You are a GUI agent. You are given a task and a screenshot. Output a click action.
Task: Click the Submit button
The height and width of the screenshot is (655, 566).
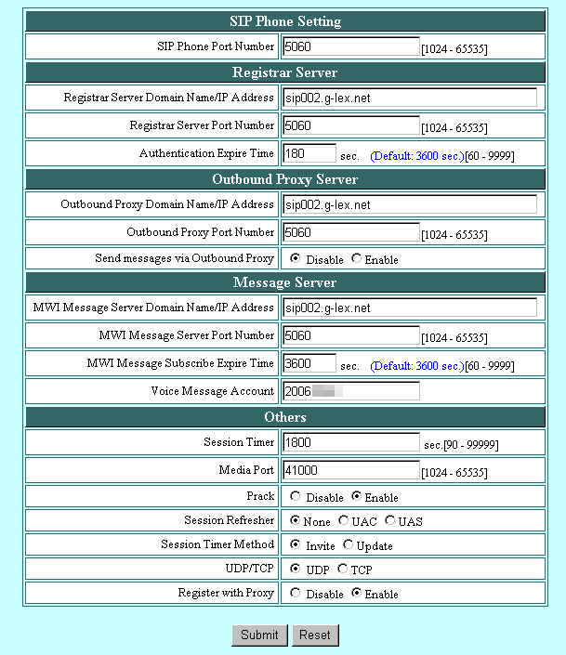point(259,635)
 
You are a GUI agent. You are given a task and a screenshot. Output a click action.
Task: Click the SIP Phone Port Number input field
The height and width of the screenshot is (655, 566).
point(351,46)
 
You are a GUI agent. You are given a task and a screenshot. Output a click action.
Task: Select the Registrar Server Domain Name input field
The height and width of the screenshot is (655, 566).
point(409,98)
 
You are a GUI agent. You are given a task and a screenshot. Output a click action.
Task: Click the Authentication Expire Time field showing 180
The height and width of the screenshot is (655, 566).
point(309,153)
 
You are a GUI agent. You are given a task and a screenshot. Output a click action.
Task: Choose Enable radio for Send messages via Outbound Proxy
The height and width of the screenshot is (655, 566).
point(357,259)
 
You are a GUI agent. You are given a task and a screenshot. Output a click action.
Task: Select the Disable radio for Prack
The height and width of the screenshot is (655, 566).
point(296,497)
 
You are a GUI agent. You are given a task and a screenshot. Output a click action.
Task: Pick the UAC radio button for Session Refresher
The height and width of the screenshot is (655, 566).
point(344,521)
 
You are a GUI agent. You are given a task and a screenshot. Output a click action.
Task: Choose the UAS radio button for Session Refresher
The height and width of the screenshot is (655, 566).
point(390,521)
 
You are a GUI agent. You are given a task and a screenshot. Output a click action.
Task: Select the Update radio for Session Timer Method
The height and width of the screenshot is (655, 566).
point(349,545)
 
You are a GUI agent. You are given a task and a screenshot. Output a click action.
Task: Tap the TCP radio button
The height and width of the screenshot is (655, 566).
point(342,570)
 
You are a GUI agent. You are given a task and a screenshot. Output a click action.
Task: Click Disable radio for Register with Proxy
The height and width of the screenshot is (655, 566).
point(296,594)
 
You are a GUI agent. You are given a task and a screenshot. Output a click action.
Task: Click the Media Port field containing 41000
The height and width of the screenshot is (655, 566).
point(351,471)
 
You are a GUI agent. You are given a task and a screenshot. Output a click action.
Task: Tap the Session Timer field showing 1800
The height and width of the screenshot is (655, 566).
point(351,443)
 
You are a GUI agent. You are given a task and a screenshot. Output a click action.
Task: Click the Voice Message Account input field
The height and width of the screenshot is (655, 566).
point(351,391)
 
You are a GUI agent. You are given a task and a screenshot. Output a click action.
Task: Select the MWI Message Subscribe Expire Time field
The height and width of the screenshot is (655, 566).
point(309,363)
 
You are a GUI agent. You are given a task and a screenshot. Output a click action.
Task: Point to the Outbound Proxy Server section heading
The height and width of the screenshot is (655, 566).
point(284,179)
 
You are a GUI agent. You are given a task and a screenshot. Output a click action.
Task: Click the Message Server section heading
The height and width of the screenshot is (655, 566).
point(284,282)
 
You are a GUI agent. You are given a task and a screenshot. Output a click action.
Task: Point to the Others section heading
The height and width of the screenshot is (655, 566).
point(284,416)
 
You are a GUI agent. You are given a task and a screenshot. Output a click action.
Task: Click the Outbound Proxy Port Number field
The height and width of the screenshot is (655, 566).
point(351,233)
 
